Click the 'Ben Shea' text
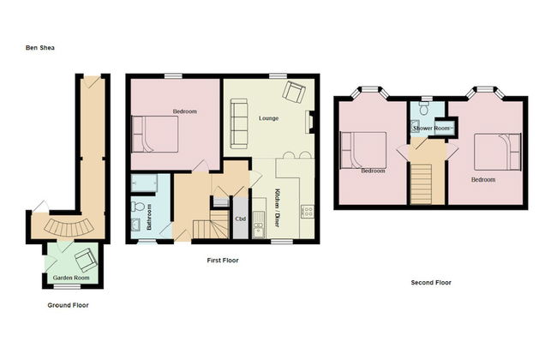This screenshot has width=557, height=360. pyautogui.click(x=39, y=49)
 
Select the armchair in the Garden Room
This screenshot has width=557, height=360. pyautogui.click(x=86, y=259)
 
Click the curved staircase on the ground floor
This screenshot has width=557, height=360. pyautogui.click(x=65, y=228)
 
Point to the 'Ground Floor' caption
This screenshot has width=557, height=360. pyautogui.click(x=68, y=305)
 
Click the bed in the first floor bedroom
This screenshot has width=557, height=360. pyautogui.click(x=155, y=135)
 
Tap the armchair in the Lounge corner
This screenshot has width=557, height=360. pyautogui.click(x=294, y=92)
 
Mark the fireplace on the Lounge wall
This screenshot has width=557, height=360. pyautogui.click(x=309, y=122)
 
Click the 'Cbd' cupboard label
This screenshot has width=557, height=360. pyautogui.click(x=241, y=219)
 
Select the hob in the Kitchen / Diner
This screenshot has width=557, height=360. pyautogui.click(x=304, y=212)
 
